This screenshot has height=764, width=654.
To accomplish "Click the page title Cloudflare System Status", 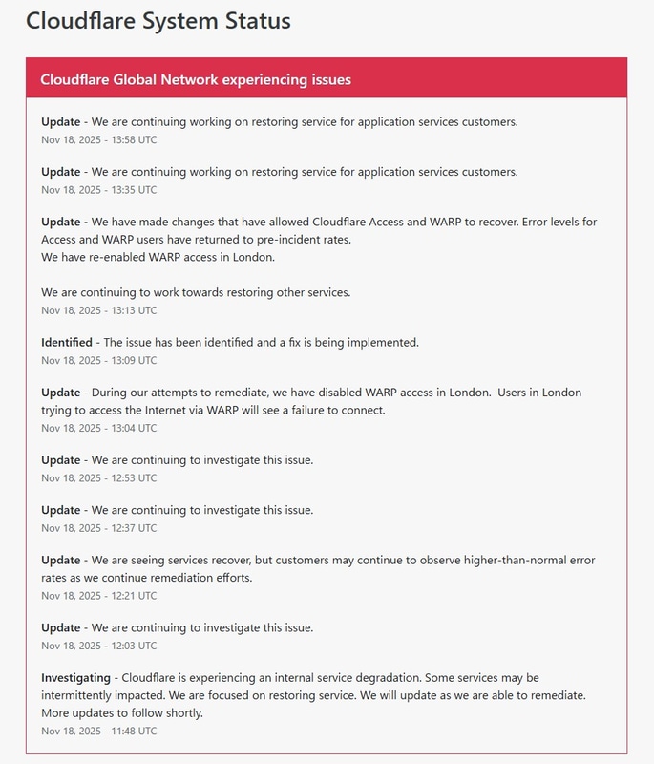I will tap(158, 20).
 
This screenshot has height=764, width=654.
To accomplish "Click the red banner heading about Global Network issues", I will tap(196, 79).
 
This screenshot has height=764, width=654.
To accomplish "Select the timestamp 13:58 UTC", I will tap(99, 139).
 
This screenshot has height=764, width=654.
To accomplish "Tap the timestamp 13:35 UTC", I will tap(99, 190).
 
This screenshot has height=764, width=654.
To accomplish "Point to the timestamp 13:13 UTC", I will tap(99, 310).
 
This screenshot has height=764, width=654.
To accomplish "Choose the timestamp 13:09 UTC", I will tap(99, 360).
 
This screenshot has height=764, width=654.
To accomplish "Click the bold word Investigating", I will tap(76, 677).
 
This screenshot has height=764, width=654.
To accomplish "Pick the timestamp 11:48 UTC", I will tap(99, 731).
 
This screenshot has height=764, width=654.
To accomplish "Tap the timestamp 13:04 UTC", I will tap(99, 428).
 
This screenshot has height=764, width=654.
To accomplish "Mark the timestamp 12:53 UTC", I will tap(99, 477).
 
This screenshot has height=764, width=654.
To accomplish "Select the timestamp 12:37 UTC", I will tap(99, 527).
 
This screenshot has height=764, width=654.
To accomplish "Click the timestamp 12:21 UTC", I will tap(99, 595).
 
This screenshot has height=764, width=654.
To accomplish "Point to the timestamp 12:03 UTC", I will tap(99, 646).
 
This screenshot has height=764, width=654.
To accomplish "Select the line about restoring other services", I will tap(196, 292).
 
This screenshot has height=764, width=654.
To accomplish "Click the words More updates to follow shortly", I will tap(122, 712).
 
